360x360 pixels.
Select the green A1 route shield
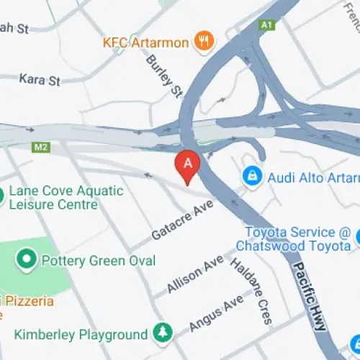tap(268, 24)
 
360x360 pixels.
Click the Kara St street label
tap(40, 80)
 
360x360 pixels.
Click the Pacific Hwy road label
tap(310, 295)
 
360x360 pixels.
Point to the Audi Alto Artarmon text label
tap(312, 176)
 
